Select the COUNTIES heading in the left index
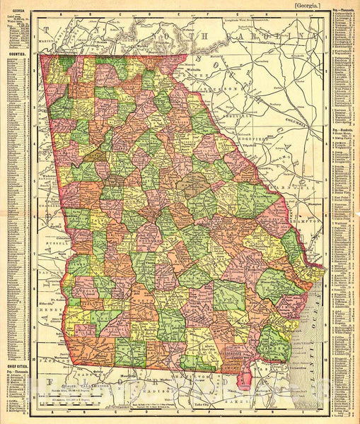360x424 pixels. coord(14,53)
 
